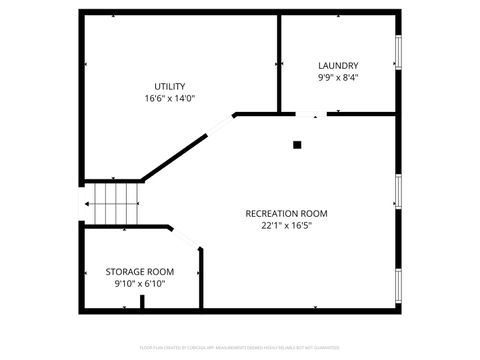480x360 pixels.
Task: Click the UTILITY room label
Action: click(x=169, y=86)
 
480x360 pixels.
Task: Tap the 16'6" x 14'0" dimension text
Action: click(x=169, y=98)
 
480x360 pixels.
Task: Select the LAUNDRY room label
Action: click(x=338, y=66)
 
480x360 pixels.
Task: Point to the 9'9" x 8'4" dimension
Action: click(x=338, y=78)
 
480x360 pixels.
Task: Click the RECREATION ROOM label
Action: click(x=286, y=213)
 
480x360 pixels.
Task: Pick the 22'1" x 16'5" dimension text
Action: click(x=286, y=226)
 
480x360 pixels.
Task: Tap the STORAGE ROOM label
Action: click(x=140, y=271)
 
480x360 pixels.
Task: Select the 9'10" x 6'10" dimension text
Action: click(x=140, y=283)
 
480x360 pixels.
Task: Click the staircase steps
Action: click(x=113, y=204)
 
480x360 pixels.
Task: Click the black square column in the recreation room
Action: click(x=297, y=144)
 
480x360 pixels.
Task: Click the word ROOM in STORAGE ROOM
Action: click(x=160, y=271)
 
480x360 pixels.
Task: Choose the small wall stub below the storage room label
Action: click(x=141, y=303)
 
